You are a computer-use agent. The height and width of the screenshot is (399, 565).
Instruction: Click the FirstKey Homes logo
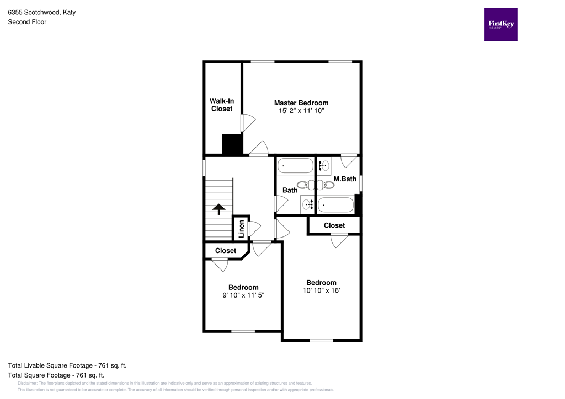click(x=500, y=24)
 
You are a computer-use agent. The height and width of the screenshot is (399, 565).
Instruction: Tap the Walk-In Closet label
click(x=221, y=105)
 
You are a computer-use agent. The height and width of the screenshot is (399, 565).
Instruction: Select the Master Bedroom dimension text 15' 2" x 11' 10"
click(x=301, y=111)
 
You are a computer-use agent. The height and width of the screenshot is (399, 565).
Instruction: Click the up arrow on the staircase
click(x=218, y=208)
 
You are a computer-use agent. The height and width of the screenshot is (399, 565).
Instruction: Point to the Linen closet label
click(x=241, y=229)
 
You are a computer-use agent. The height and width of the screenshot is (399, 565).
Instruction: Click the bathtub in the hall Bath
click(x=295, y=165)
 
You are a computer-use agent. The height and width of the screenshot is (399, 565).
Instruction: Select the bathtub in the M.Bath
click(x=335, y=205)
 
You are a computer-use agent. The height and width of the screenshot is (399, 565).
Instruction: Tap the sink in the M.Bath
click(x=324, y=165)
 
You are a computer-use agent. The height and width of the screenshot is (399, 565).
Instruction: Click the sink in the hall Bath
click(x=307, y=205)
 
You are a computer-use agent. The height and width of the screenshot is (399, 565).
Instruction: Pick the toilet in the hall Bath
click(x=303, y=185)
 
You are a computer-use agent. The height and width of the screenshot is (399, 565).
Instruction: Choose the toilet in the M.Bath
click(x=322, y=185)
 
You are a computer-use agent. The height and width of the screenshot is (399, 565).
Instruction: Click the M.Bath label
click(x=345, y=179)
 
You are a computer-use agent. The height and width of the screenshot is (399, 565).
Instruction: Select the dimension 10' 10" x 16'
click(x=321, y=290)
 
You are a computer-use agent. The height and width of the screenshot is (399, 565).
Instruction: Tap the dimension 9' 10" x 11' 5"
click(x=243, y=295)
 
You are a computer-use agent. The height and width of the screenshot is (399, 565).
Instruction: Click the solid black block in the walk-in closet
click(x=232, y=144)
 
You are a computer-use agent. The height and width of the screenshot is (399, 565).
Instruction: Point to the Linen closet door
click(x=254, y=227)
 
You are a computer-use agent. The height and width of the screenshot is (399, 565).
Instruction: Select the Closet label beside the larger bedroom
click(x=334, y=225)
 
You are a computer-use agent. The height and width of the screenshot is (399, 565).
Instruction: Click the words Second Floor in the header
click(x=26, y=22)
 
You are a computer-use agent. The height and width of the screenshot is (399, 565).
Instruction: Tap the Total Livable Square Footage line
click(x=67, y=365)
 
